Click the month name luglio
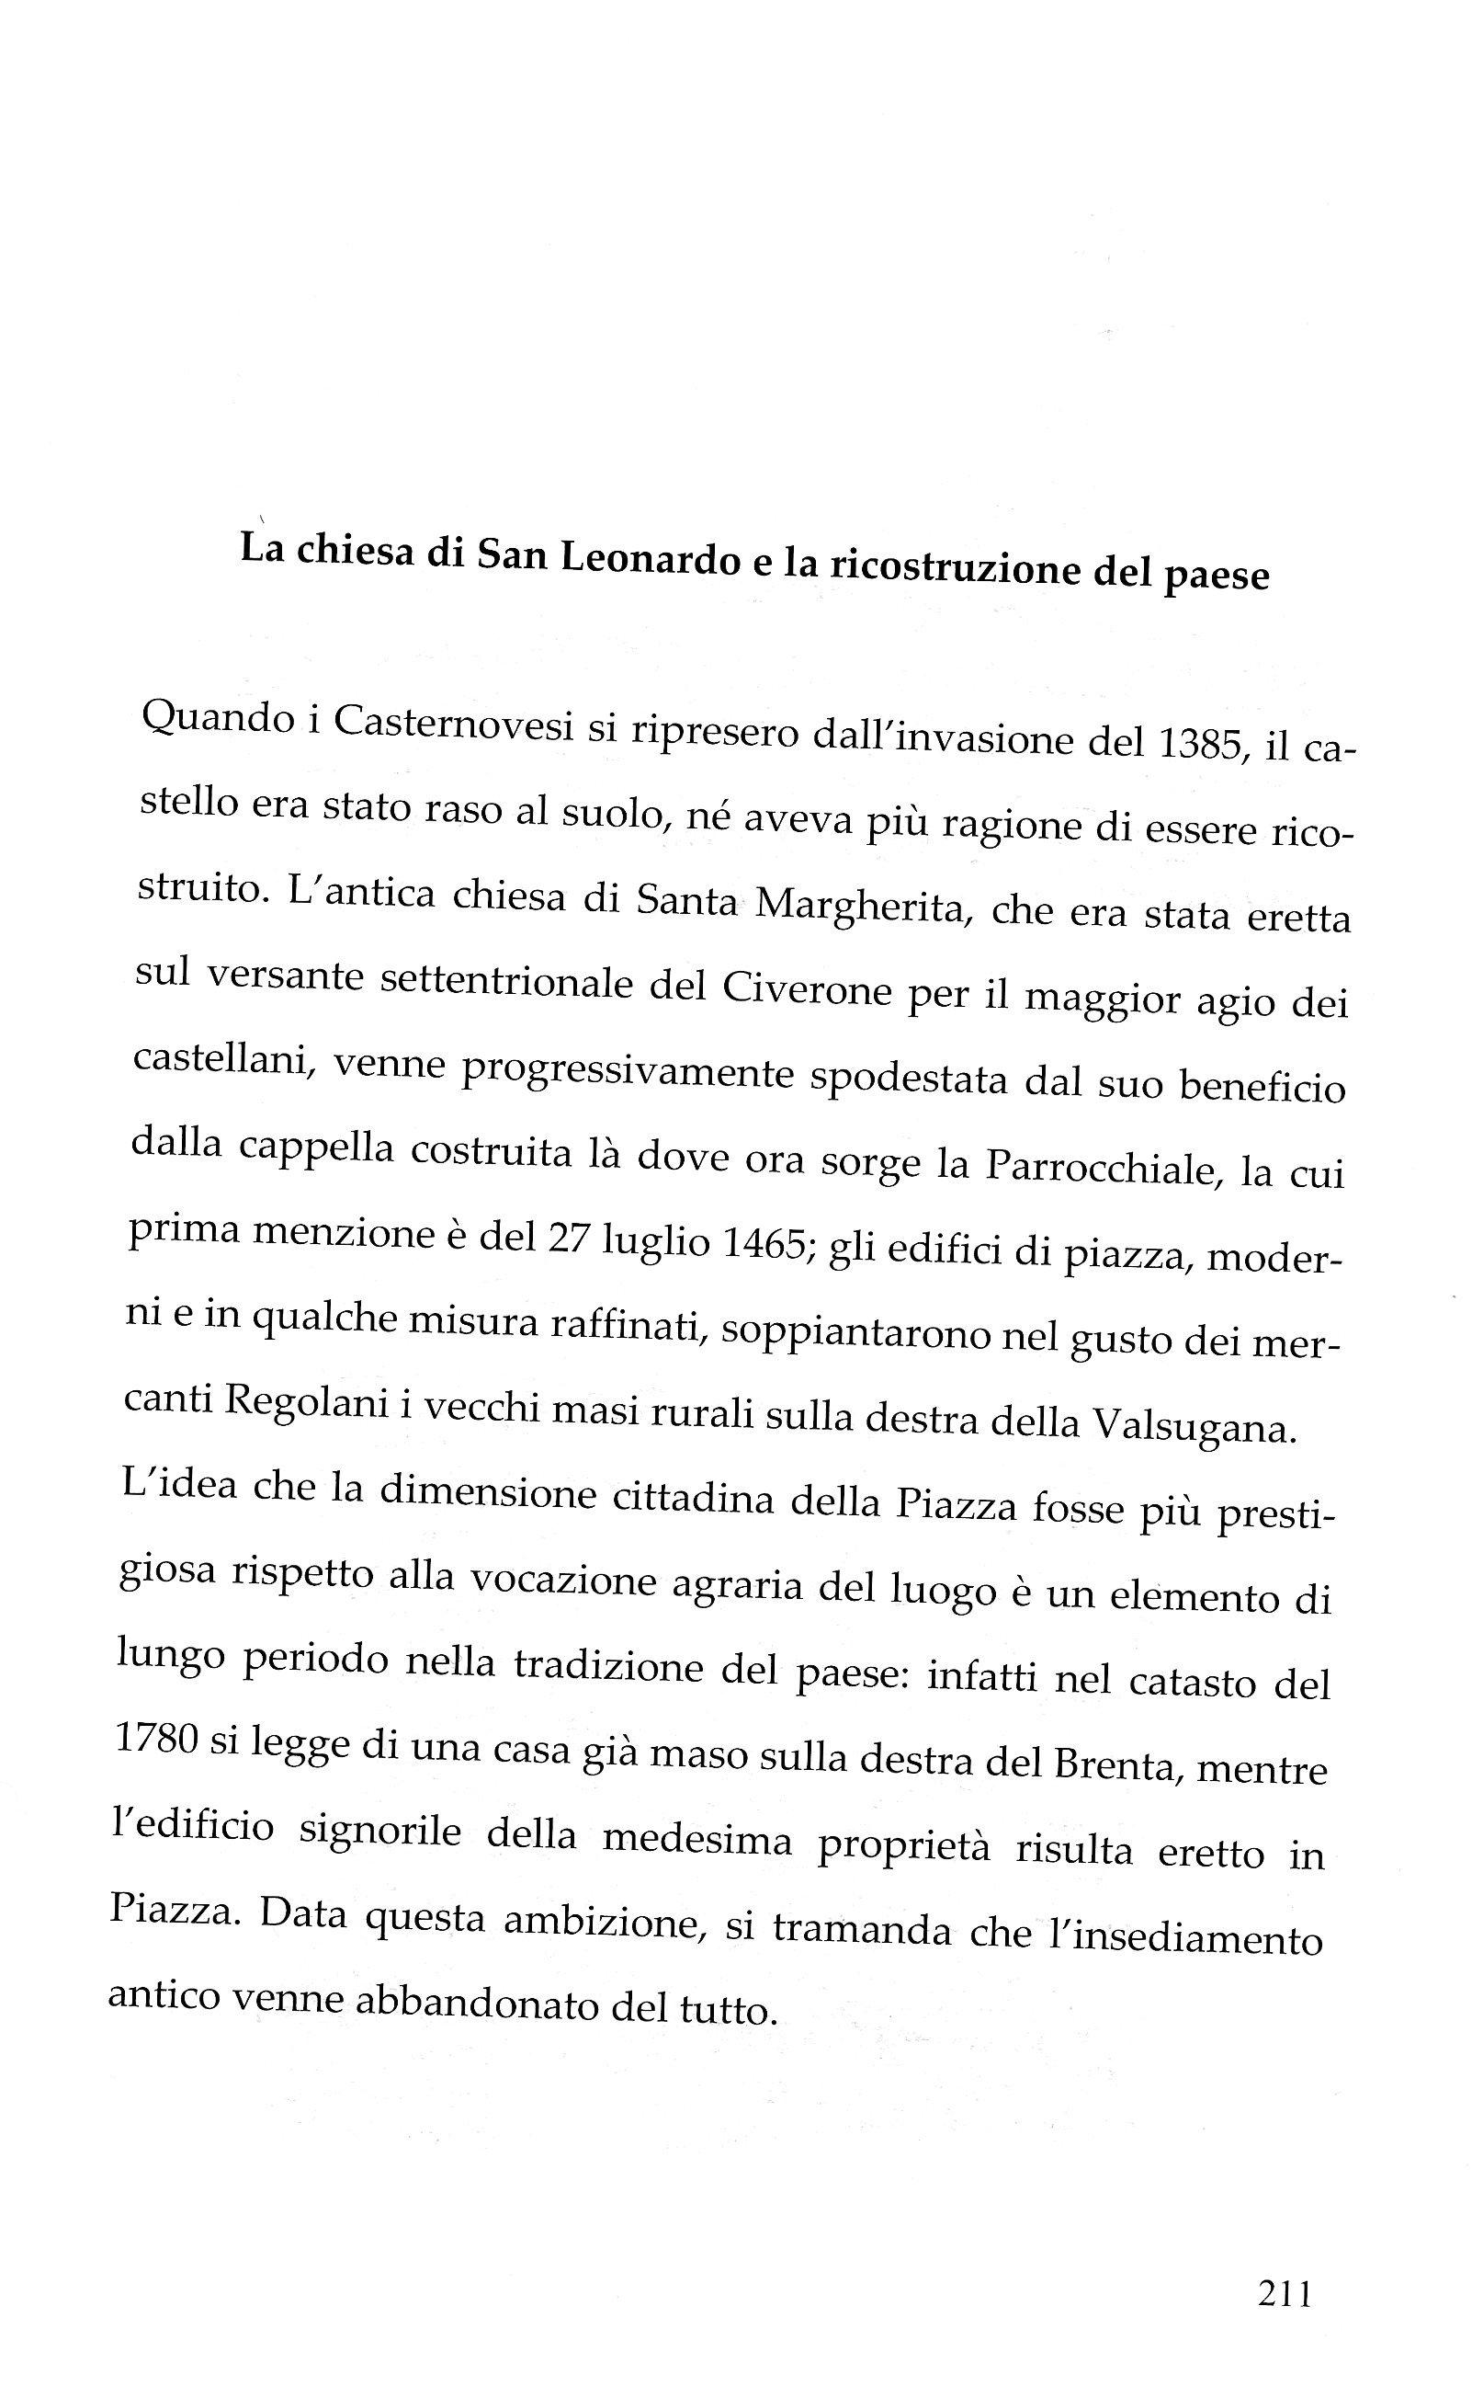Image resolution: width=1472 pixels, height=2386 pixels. tap(655, 1240)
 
